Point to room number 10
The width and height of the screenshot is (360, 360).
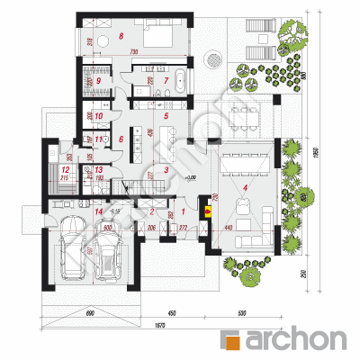pos(99,115)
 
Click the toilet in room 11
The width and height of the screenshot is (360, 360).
pos(107,140)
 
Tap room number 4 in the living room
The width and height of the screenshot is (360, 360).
pos(245,186)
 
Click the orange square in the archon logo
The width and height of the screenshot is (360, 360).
pos(230,339)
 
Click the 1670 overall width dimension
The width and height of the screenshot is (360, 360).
pos(159,325)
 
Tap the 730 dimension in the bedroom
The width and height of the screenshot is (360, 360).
pos(133,55)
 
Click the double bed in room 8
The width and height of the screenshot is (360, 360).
pos(160,37)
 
